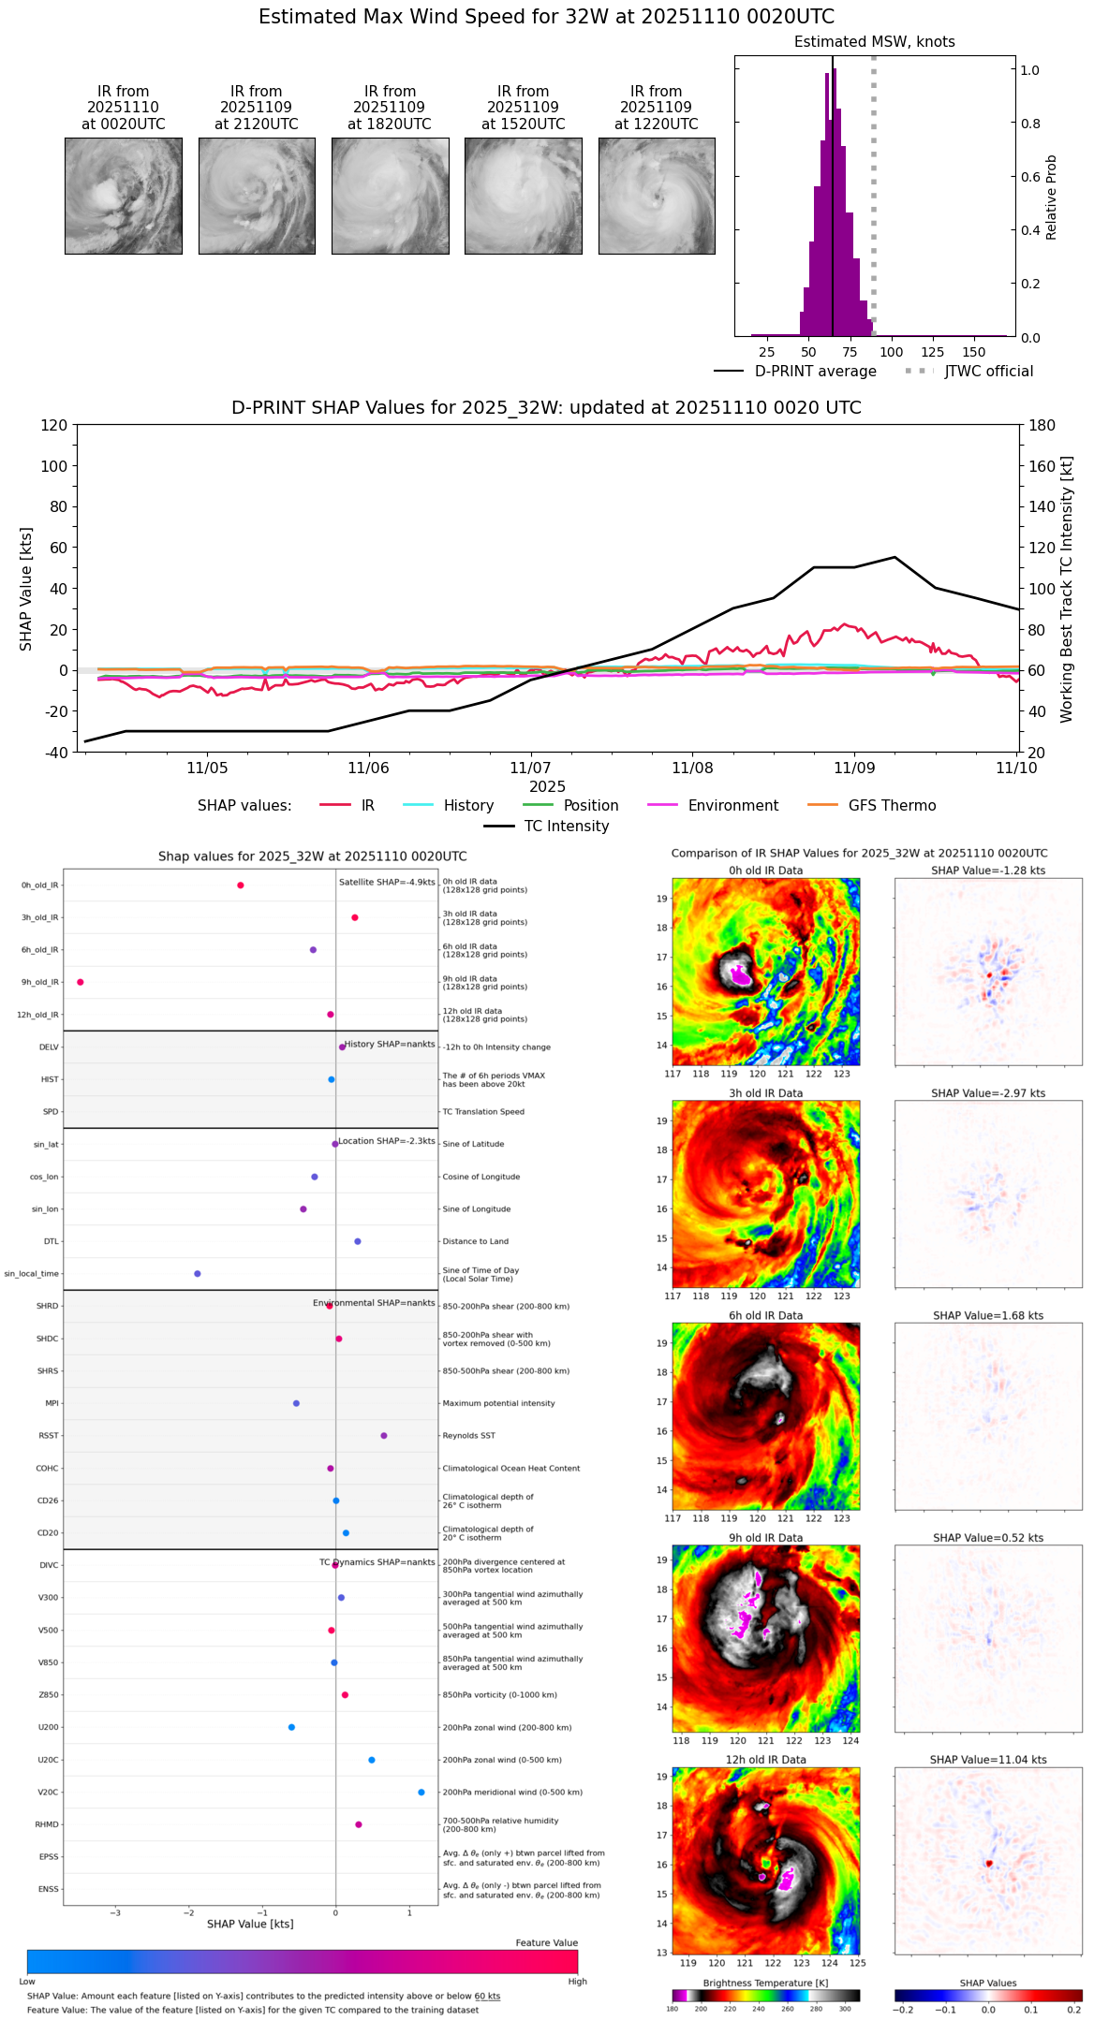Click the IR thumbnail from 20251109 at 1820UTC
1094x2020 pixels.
pos(390,196)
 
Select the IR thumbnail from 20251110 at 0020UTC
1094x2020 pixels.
pos(123,196)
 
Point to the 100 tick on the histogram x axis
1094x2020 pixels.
pos(891,352)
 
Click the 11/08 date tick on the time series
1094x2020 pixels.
pos(692,768)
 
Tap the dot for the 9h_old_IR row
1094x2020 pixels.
pos(81,982)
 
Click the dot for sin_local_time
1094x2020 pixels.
pos(198,1273)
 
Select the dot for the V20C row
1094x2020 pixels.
pos(421,1792)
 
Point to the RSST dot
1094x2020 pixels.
pos(384,1435)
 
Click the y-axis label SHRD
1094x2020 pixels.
pos(47,1306)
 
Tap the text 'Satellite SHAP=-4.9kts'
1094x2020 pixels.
pos(387,882)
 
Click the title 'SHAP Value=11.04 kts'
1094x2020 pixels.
pos(988,1760)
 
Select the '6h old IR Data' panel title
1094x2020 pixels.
pos(765,1315)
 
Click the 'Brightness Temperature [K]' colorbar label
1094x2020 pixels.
pos(765,1983)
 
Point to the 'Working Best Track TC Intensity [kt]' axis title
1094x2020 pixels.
pos(1067,590)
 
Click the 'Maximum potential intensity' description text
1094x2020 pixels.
pos(498,1403)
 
